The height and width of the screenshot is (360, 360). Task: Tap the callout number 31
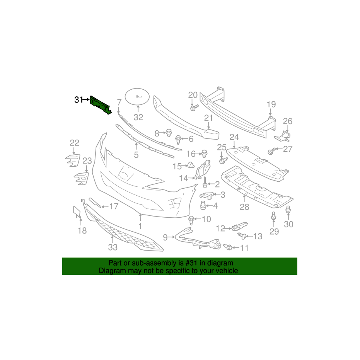coord(78,100)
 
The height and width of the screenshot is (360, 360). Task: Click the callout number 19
coord(271,104)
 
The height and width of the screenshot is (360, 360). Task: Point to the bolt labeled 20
coord(193,108)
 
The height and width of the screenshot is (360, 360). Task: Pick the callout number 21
coord(209,118)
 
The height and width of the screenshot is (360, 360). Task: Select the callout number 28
coord(244,207)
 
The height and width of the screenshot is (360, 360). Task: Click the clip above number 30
coord(288,210)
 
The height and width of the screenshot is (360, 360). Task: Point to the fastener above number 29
coord(274,217)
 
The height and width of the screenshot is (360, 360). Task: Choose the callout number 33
coord(113,247)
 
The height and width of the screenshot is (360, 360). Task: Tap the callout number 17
coord(113,206)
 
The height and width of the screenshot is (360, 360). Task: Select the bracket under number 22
coord(72,159)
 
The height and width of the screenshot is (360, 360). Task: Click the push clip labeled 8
coord(169,133)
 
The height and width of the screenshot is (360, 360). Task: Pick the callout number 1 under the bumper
coord(140,226)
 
